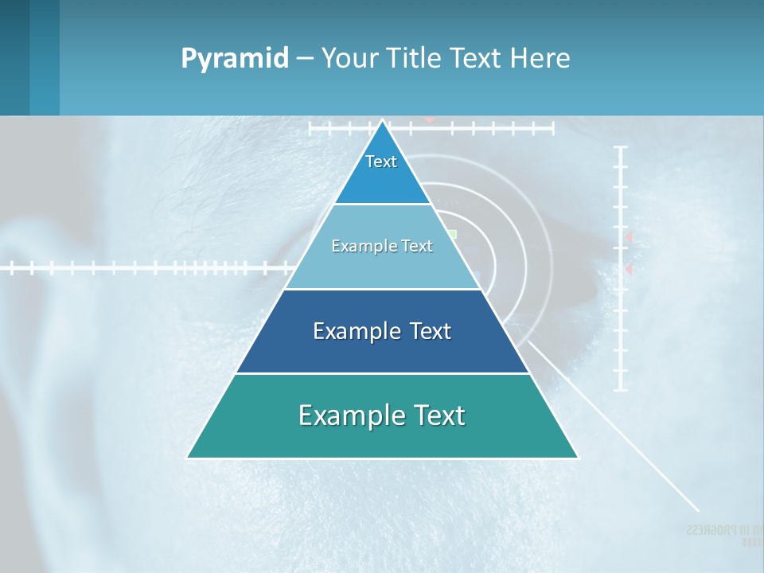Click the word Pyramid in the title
(x=234, y=59)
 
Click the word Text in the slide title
(x=477, y=59)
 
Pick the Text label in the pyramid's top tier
(x=381, y=162)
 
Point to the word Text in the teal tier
(x=437, y=415)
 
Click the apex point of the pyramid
(x=383, y=122)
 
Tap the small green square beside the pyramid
(x=452, y=235)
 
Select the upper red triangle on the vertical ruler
(x=629, y=237)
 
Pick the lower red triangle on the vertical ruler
(x=629, y=270)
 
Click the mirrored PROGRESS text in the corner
(x=716, y=530)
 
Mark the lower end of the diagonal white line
(x=697, y=509)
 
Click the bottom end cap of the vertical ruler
(x=621, y=390)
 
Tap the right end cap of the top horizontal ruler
(x=552, y=127)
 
